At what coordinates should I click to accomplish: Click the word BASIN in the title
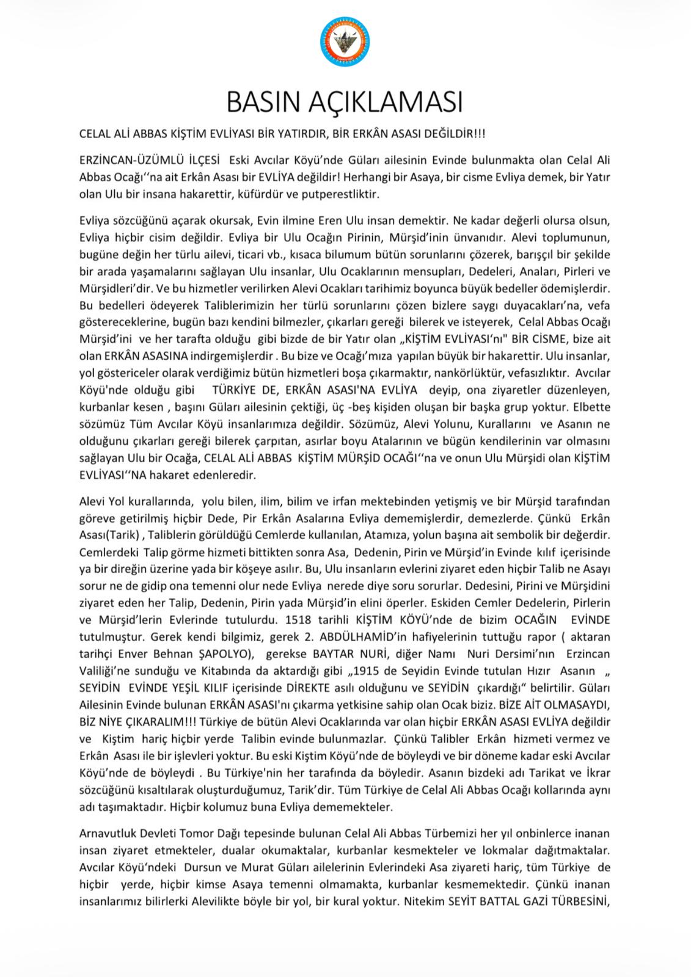click(268, 103)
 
